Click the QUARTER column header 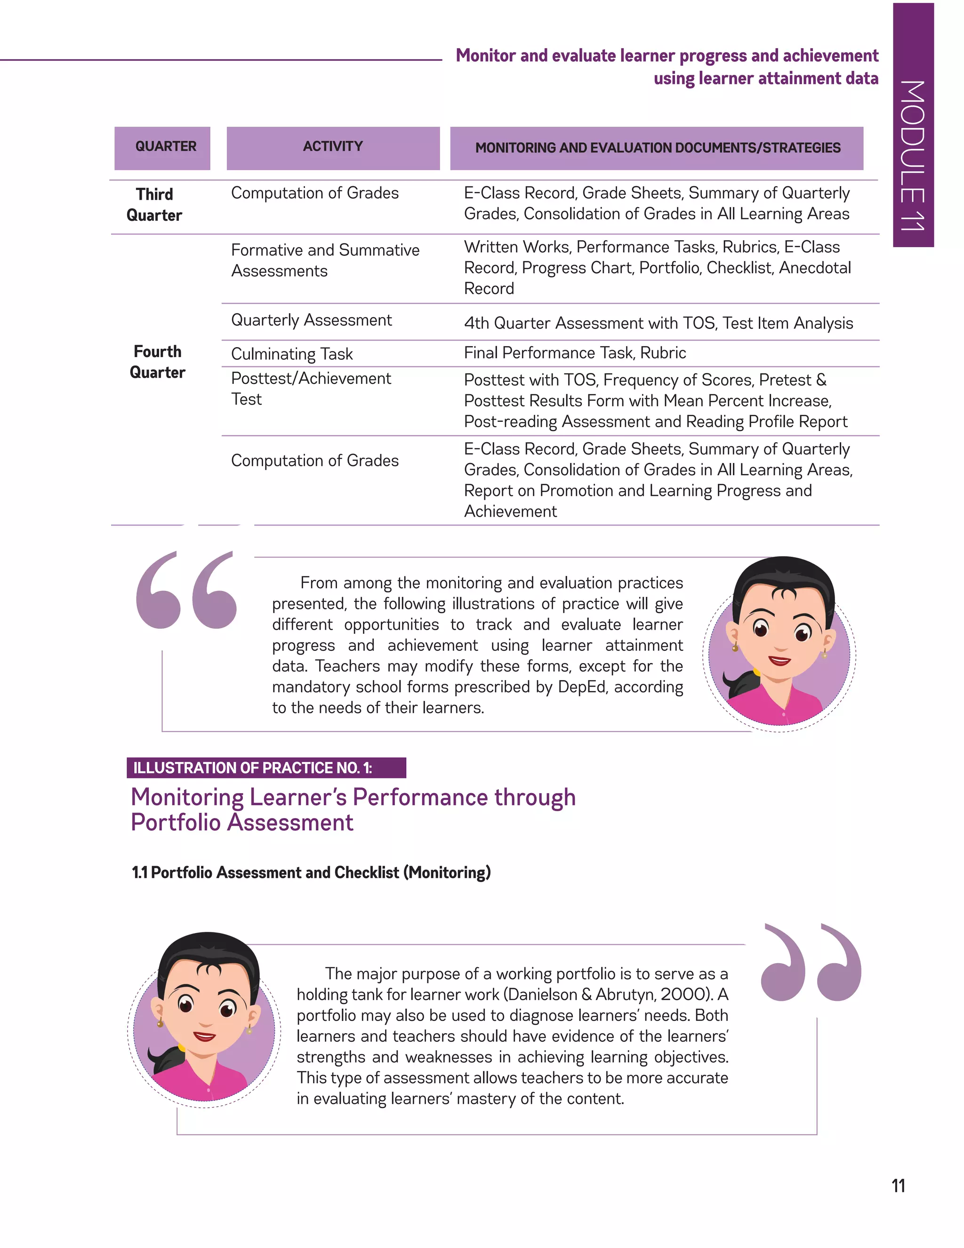tap(165, 147)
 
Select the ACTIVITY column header tap(333, 147)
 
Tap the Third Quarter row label tap(154, 204)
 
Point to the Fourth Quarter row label tap(158, 362)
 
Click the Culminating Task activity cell tap(292, 354)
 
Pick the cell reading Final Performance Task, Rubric tap(575, 353)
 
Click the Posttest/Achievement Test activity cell tap(311, 389)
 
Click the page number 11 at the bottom tap(898, 1186)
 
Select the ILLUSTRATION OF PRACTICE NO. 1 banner tap(266, 768)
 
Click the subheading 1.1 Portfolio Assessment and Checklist tap(311, 873)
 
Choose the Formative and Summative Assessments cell tap(325, 260)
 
